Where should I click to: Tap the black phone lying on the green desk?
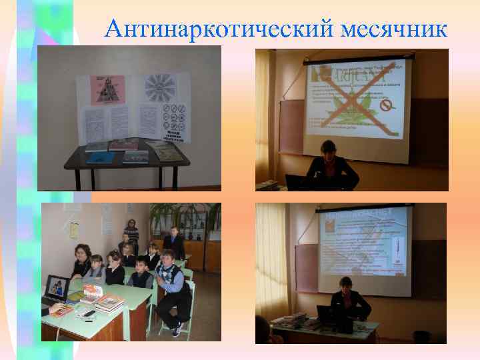tap(88, 313)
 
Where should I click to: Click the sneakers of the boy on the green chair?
tap(177, 329)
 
